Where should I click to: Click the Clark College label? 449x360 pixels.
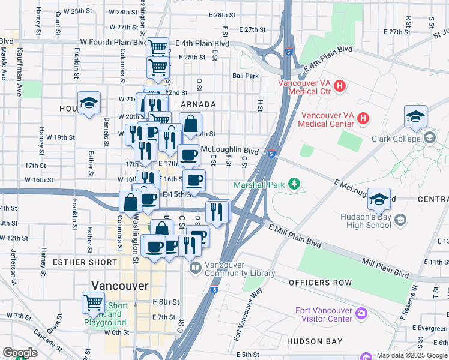pos(399,139)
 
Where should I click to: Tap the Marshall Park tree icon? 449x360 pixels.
pos(294,183)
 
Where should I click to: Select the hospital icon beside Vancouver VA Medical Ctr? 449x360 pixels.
pos(340,86)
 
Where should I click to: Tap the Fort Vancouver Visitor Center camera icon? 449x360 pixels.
pos(361,313)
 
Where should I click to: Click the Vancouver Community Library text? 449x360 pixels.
pos(240,269)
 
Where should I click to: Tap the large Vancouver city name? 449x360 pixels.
pos(119,286)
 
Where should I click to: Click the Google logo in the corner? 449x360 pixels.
pos(20,353)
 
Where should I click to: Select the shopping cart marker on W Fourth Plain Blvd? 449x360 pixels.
pos(158,47)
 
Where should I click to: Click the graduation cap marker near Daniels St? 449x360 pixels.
pos(88,102)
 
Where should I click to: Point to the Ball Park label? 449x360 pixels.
pos(246,76)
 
